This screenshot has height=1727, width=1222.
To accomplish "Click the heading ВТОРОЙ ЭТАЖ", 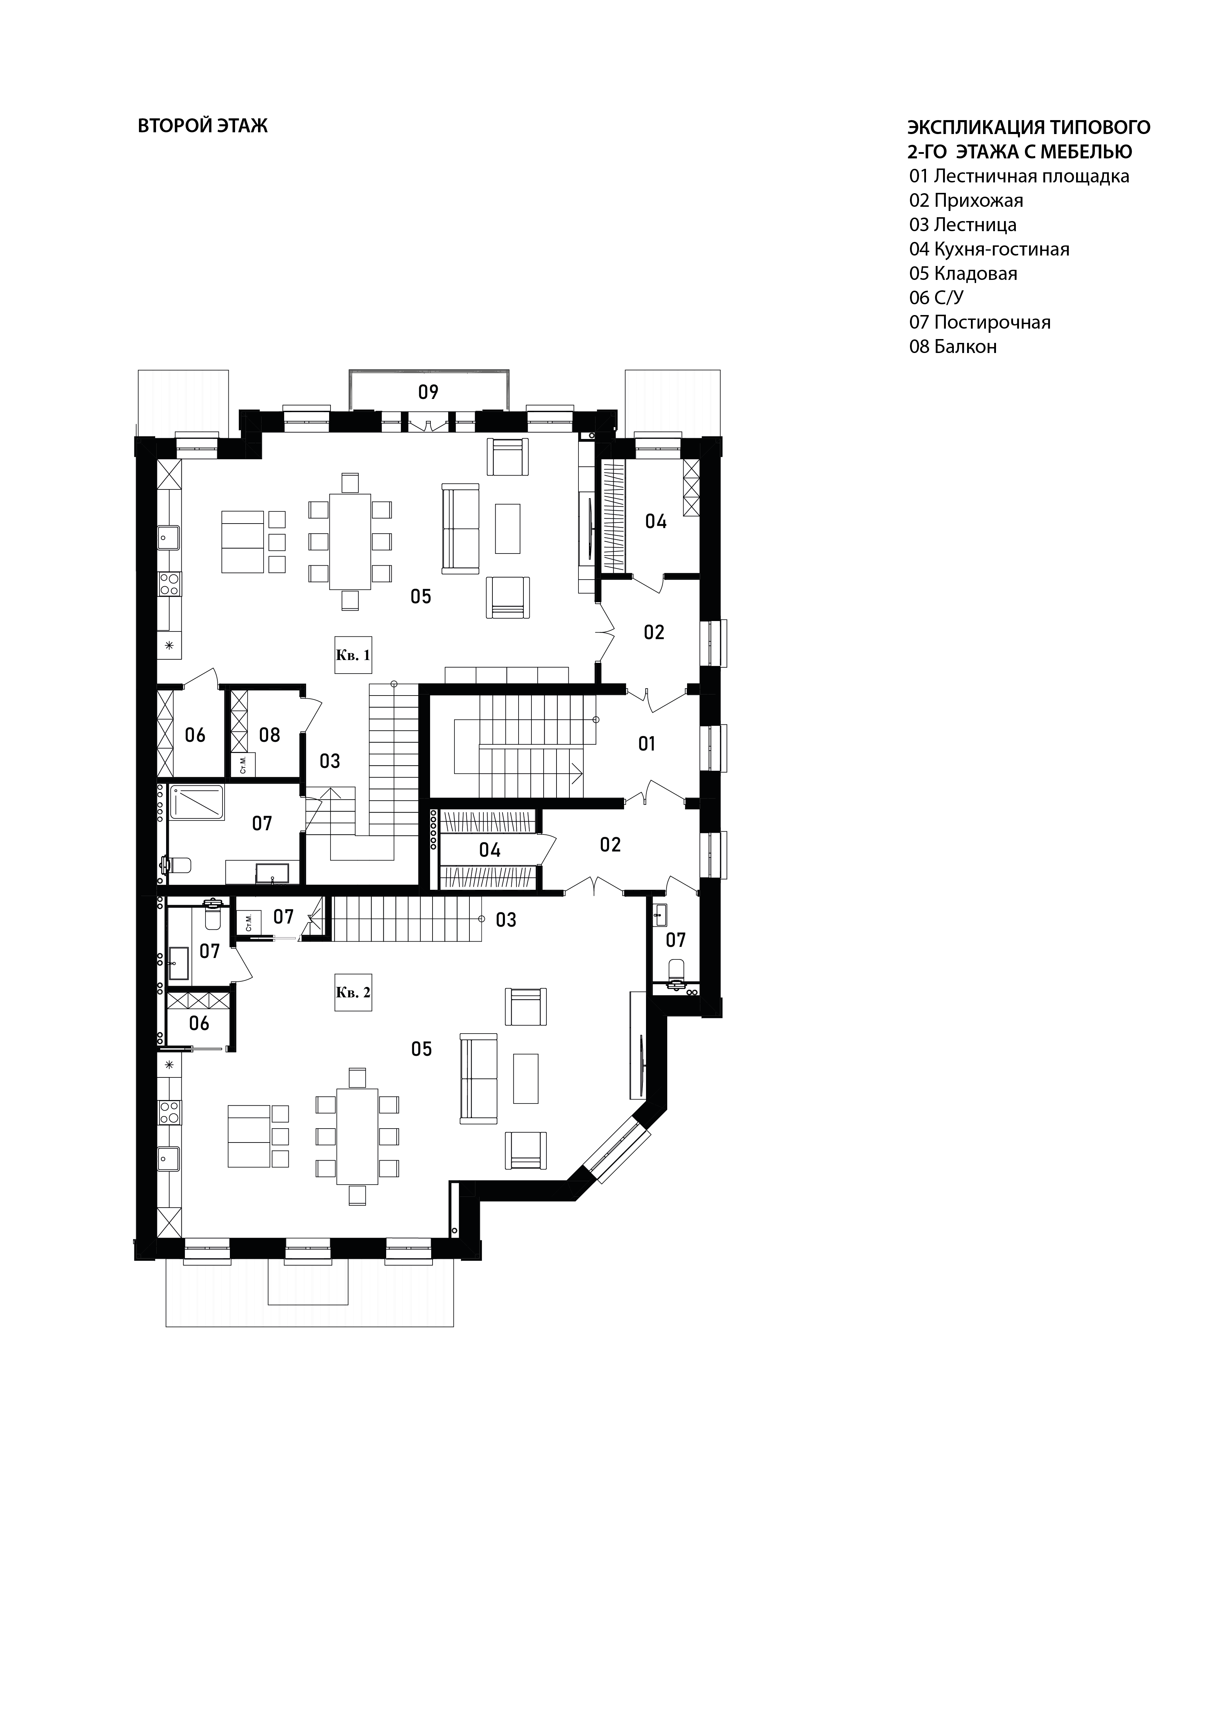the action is click(202, 126).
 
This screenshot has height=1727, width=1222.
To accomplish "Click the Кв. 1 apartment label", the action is click(353, 655).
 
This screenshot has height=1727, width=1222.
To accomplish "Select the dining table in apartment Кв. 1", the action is click(350, 541).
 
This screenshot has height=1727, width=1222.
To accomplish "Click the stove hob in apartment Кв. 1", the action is click(169, 584).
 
